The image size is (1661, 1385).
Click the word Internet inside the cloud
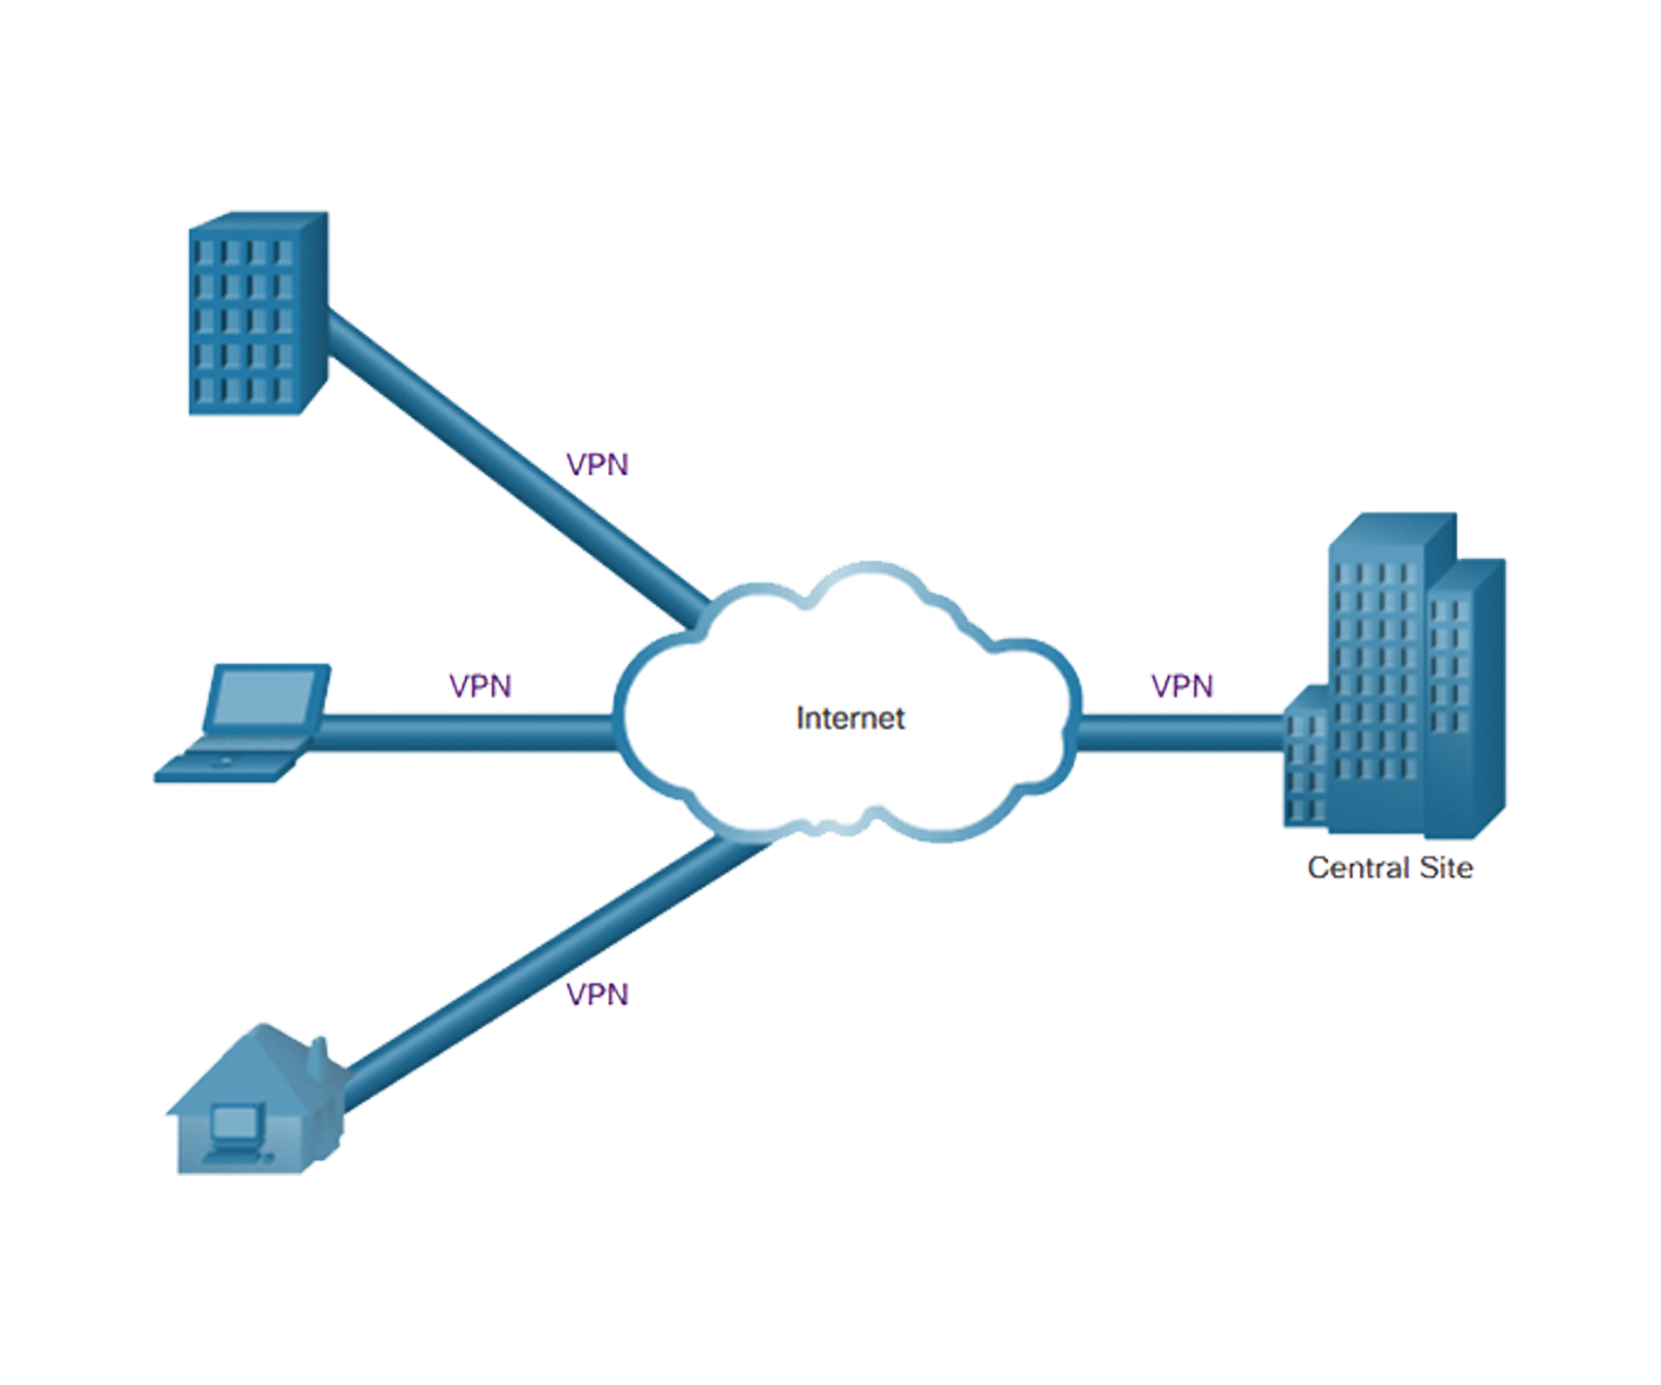tap(850, 719)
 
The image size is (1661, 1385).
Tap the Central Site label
tap(1389, 868)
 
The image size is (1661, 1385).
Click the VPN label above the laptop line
tap(480, 688)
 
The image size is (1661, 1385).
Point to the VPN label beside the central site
tap(1182, 688)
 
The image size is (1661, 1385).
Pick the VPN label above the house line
tap(597, 994)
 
